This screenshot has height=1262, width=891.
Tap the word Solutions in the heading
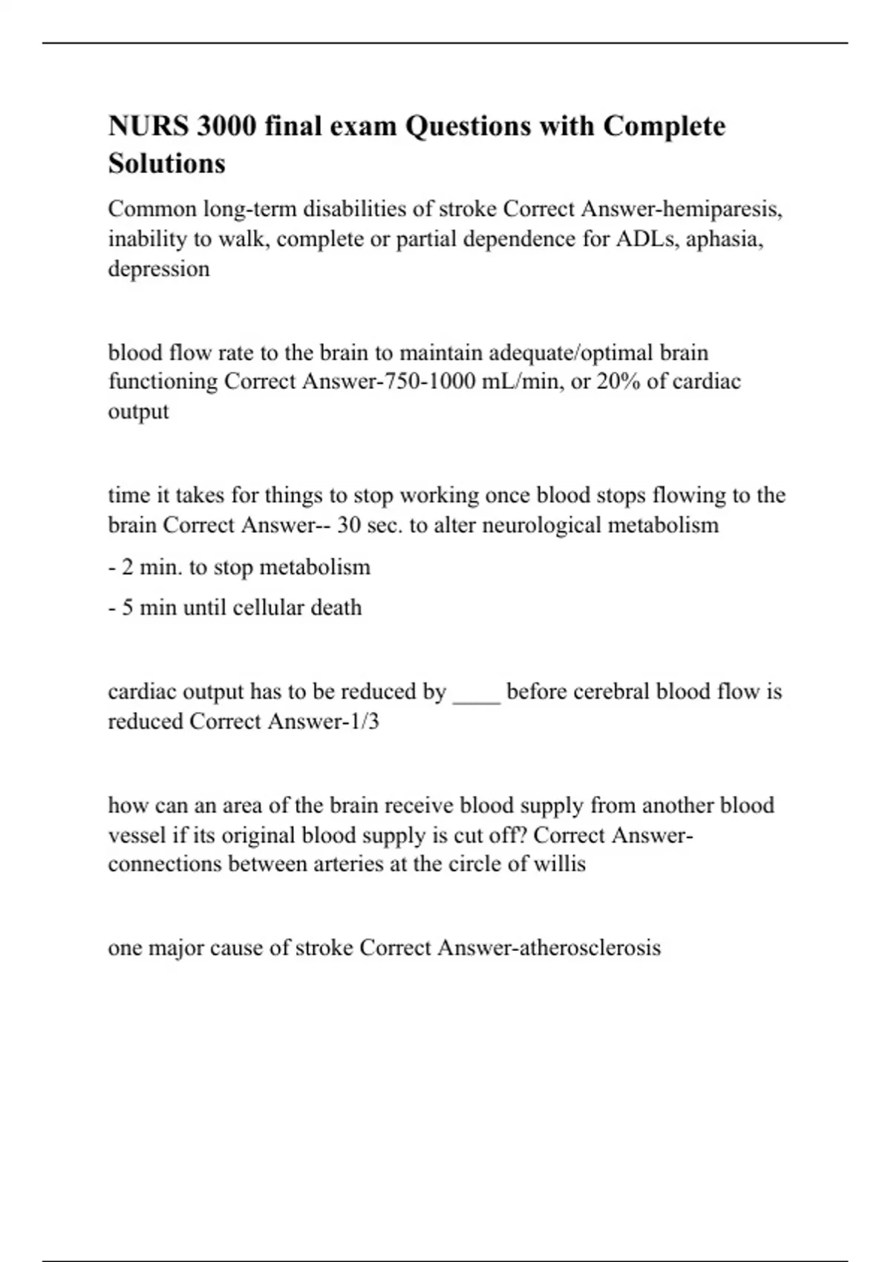[167, 163]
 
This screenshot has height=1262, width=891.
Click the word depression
[159, 269]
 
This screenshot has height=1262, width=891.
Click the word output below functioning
[138, 411]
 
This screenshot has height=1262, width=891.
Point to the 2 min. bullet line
[239, 567]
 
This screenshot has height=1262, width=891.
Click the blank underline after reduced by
[476, 693]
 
